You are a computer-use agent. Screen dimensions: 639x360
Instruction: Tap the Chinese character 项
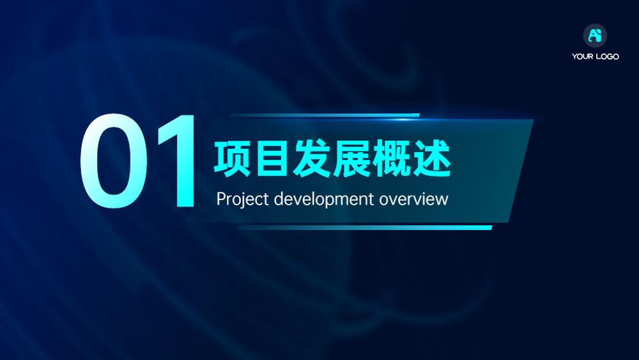pyautogui.click(x=233, y=159)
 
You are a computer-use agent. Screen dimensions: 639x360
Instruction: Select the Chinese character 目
pyautogui.click(x=272, y=159)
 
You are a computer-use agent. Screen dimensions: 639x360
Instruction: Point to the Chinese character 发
pyautogui.click(x=312, y=159)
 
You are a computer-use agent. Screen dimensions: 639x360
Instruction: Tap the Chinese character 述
pyautogui.click(x=431, y=159)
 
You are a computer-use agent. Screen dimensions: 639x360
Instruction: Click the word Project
pyautogui.click(x=242, y=200)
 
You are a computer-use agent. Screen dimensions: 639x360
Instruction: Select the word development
pyautogui.click(x=324, y=200)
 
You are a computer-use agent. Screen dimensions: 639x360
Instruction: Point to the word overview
pyautogui.click(x=413, y=200)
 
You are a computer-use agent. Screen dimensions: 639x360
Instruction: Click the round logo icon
pyautogui.click(x=595, y=35)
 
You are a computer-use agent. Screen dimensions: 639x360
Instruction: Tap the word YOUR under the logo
pyautogui.click(x=582, y=56)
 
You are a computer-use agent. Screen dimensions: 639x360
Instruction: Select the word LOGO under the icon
pyautogui.click(x=607, y=56)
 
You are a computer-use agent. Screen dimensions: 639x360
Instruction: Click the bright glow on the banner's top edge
pyautogui.click(x=403, y=120)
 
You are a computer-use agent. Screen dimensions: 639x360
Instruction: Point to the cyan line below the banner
pyautogui.click(x=365, y=228)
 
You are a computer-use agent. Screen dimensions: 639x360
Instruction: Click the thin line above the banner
pyautogui.click(x=324, y=115)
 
